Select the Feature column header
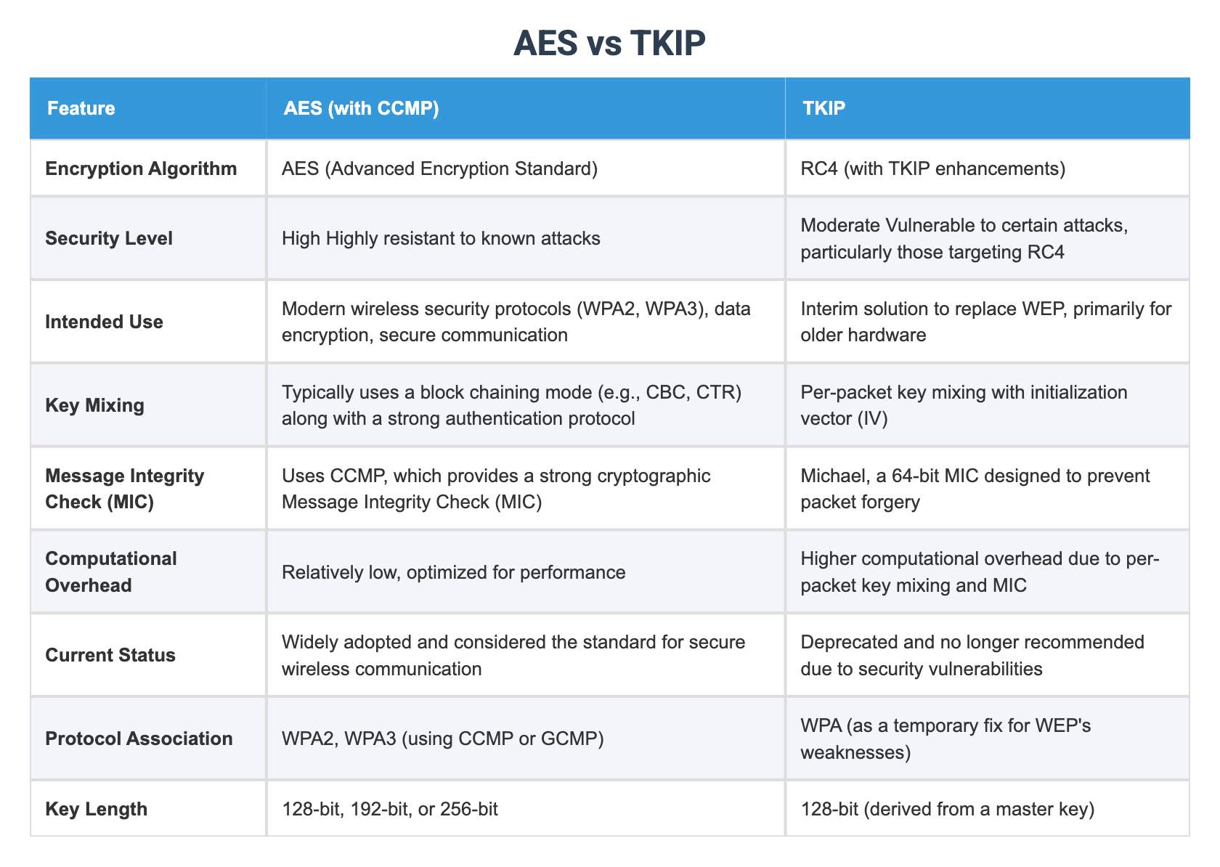[81, 109]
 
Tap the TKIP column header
[823, 109]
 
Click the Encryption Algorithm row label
[141, 168]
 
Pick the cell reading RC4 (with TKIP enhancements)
[932, 168]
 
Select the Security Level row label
[109, 238]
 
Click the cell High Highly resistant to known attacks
[440, 238]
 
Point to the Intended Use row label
[104, 322]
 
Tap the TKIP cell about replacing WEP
[985, 322]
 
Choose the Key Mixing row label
[94, 405]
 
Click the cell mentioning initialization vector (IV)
[963, 405]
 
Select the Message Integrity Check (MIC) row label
[124, 489]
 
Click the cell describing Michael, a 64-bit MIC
[975, 489]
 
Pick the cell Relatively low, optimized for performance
[453, 572]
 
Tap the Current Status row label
[110, 655]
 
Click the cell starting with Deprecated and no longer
[972, 655]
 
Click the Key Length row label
[96, 809]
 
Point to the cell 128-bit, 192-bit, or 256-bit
[389, 809]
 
